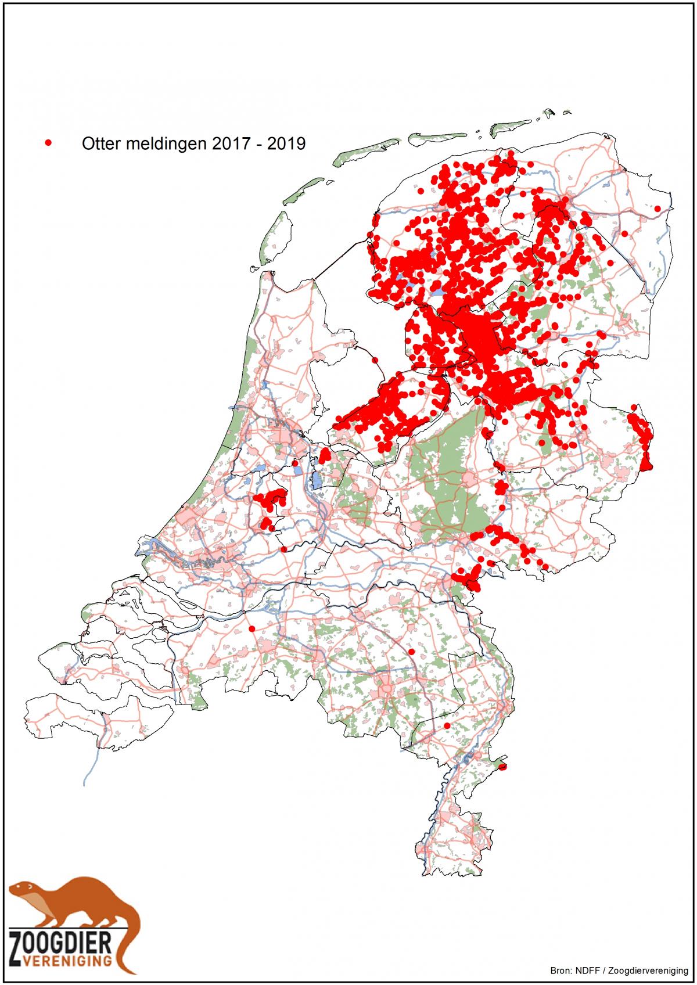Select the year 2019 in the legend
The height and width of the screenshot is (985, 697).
pyautogui.click(x=286, y=143)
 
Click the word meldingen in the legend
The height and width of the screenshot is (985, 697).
pyautogui.click(x=157, y=143)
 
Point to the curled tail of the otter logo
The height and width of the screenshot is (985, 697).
pyautogui.click(x=131, y=941)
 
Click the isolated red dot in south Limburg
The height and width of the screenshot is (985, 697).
pyautogui.click(x=503, y=767)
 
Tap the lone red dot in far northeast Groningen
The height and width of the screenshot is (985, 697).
pyautogui.click(x=658, y=208)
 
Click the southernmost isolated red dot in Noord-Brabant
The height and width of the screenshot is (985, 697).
pyautogui.click(x=447, y=726)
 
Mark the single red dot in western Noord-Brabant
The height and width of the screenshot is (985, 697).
pyautogui.click(x=252, y=628)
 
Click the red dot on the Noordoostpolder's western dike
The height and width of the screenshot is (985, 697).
pyautogui.click(x=375, y=360)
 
